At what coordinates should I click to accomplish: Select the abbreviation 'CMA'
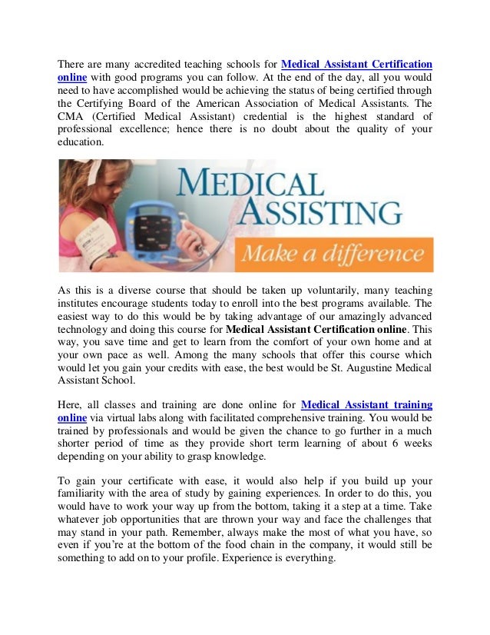point(72,116)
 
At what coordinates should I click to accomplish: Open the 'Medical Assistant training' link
point(367,404)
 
